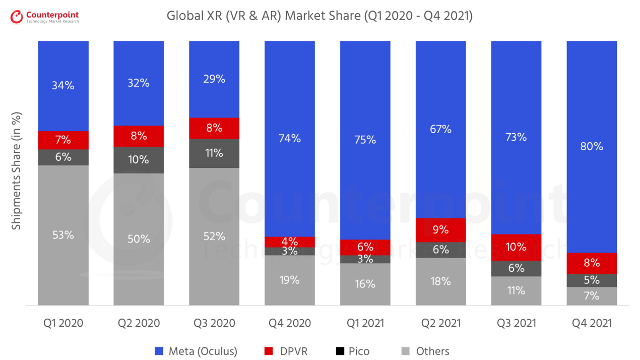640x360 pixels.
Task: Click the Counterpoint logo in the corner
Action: pos(44,16)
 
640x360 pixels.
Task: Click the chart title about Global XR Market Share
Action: pos(319,16)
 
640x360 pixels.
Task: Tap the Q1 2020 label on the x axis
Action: pos(63,323)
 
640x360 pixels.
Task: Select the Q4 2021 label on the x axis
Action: pos(592,323)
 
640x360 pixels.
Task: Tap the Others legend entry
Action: pos(425,351)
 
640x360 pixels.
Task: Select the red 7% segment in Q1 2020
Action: pos(63,140)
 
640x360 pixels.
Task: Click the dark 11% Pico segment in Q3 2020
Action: pos(214,153)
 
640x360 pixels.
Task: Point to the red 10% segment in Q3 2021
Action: pos(516,247)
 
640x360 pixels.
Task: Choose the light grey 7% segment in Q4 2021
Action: pos(592,296)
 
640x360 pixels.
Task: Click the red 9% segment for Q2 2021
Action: pos(440,230)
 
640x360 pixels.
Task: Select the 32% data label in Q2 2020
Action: pos(139,83)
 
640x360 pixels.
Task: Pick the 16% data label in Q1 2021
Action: pos(365,284)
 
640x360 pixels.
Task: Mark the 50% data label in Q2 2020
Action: pos(139,239)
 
